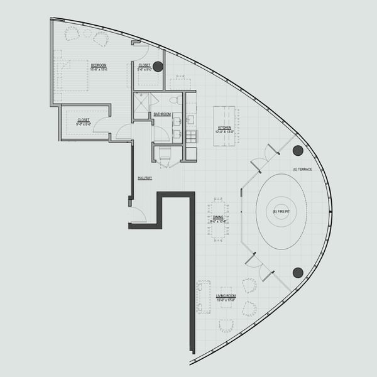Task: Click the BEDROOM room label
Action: [98, 65]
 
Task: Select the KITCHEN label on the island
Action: [225, 128]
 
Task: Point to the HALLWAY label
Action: [145, 178]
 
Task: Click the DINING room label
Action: [218, 217]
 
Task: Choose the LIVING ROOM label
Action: [226, 295]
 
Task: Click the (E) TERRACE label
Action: [303, 171]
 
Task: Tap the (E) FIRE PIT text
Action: [281, 210]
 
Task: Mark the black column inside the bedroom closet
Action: [158, 66]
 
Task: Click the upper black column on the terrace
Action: [298, 150]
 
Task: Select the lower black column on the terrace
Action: [298, 272]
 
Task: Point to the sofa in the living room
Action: [203, 297]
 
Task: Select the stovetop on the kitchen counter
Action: [191, 101]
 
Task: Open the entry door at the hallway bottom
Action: [138, 216]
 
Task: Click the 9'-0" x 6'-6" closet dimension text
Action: [84, 124]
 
